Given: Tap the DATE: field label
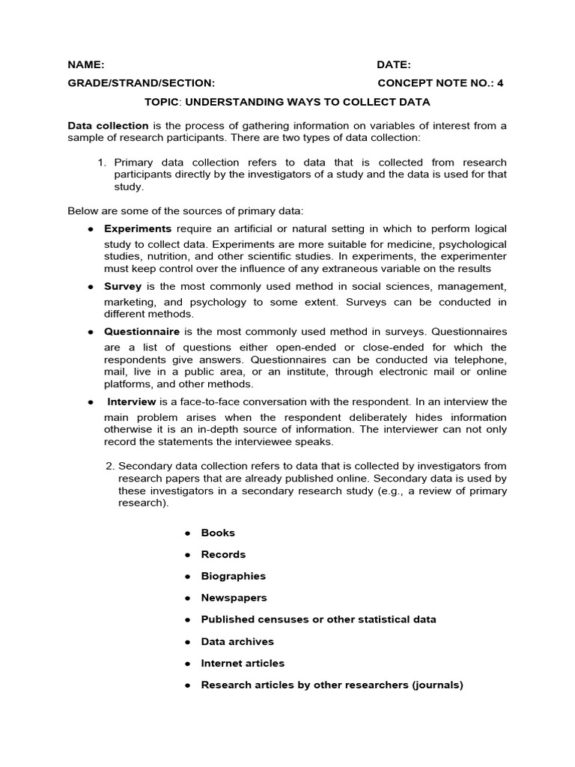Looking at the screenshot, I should [394, 65].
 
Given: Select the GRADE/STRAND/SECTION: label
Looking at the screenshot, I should [142, 83].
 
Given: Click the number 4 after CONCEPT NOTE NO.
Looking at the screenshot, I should [500, 83].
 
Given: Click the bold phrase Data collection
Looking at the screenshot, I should [108, 126].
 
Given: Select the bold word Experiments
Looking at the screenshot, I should [138, 228].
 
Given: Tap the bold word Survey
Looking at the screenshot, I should [123, 286].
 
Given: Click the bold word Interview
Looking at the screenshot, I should [132, 402].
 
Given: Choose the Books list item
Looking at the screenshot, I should [218, 533].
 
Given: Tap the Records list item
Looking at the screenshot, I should [223, 554].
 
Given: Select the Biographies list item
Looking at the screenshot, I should [233, 576].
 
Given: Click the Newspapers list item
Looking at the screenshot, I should [234, 598].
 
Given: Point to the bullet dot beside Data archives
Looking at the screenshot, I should [188, 642].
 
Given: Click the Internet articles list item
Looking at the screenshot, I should [243, 663].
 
